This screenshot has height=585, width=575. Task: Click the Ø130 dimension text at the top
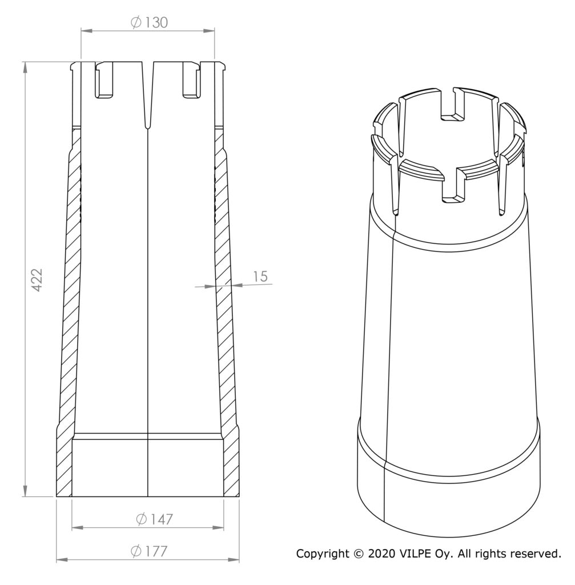tap(150, 23)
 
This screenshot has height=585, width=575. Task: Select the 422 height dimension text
tap(37, 279)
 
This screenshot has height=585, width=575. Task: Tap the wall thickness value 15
tap(260, 277)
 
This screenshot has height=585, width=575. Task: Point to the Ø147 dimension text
tap(154, 519)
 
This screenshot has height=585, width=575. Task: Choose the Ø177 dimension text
tap(149, 551)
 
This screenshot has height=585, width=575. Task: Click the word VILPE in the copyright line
tap(415, 554)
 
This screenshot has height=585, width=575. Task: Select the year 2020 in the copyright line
tap(381, 554)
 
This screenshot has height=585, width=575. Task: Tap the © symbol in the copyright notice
tap(359, 554)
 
